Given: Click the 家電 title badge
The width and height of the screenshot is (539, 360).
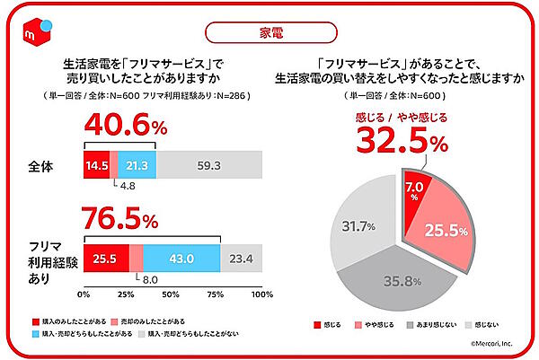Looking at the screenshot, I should [x=269, y=33].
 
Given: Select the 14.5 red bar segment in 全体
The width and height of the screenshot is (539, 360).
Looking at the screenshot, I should [x=96, y=164].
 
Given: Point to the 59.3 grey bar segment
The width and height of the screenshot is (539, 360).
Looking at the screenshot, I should [x=209, y=164].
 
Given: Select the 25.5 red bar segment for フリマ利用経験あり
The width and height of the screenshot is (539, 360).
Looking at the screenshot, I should [x=106, y=257].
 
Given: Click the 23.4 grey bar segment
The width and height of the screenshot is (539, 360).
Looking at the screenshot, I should [x=241, y=257].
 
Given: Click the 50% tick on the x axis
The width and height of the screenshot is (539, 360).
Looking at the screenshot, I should [x=172, y=294].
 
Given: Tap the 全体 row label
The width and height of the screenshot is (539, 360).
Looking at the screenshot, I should [x=41, y=164].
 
